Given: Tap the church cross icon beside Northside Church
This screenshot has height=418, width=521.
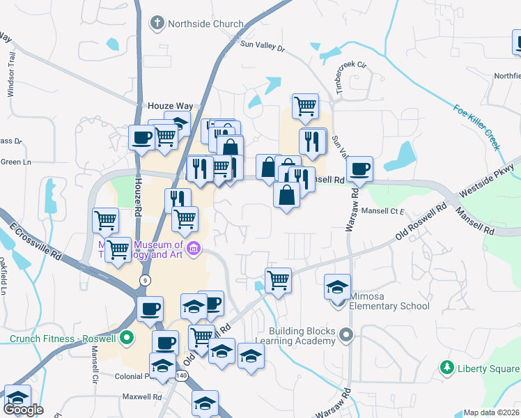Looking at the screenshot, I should click(x=157, y=24).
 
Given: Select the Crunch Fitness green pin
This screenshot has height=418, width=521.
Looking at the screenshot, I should click(x=126, y=339).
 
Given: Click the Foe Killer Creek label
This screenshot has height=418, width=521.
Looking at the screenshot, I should click(x=476, y=127).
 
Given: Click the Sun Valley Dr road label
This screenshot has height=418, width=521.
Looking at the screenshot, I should click(x=263, y=46).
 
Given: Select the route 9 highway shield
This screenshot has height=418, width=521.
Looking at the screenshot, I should click(x=145, y=279).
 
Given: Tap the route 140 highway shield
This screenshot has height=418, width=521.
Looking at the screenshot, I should click(x=182, y=376).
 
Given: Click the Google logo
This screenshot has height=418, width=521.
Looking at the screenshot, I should click(x=23, y=410).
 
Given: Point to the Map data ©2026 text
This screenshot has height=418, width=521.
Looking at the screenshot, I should click(x=491, y=412).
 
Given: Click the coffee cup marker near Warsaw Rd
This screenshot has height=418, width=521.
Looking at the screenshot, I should click(x=360, y=169).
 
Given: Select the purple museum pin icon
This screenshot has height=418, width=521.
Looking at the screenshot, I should click(x=194, y=247).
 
